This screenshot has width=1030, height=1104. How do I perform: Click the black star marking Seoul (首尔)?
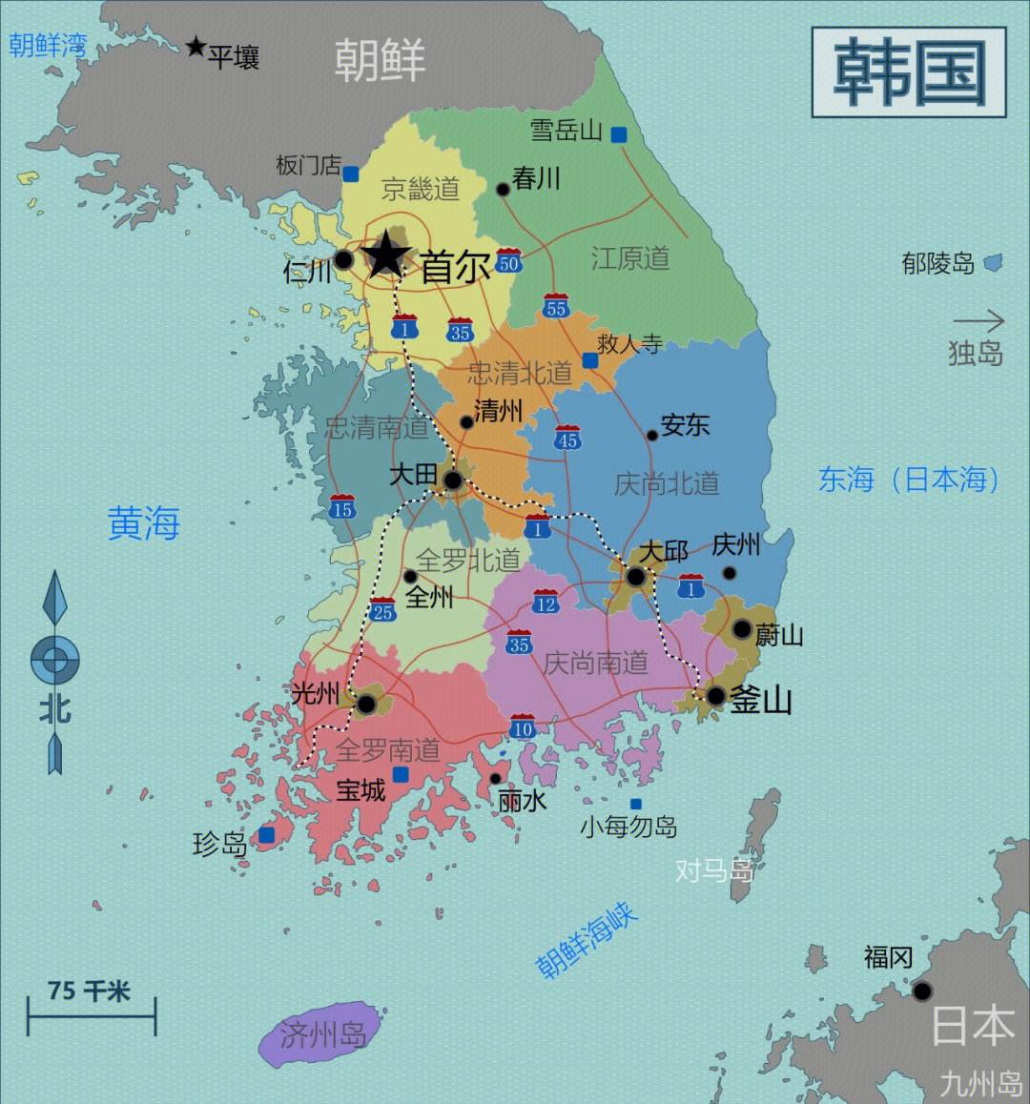[x=386, y=255]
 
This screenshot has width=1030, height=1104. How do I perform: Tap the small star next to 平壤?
[x=196, y=47]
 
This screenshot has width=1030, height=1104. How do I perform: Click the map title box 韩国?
[x=908, y=72]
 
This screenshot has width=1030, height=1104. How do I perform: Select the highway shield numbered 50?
[x=508, y=261]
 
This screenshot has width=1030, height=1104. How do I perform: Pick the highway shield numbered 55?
[x=556, y=306]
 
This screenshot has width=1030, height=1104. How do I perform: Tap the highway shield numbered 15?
[x=342, y=507]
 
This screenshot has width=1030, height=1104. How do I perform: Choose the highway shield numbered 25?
[x=382, y=610]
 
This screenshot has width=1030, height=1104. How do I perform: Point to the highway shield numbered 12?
[x=546, y=602]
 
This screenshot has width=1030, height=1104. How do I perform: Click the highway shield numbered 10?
[x=522, y=727]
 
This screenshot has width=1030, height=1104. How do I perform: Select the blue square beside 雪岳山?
[x=619, y=134]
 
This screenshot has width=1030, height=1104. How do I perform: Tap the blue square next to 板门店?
[x=351, y=174]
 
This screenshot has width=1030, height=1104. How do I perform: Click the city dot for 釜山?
[x=715, y=697]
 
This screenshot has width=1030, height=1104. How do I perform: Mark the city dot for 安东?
[x=652, y=435]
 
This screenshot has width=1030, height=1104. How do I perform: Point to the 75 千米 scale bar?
[x=92, y=1017]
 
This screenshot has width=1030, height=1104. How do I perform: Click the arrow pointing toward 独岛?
[x=978, y=320]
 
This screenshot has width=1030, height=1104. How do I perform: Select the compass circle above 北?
[x=54, y=659]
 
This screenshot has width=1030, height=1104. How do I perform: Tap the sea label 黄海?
[x=144, y=523]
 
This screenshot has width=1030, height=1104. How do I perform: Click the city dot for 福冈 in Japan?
[x=921, y=992]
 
